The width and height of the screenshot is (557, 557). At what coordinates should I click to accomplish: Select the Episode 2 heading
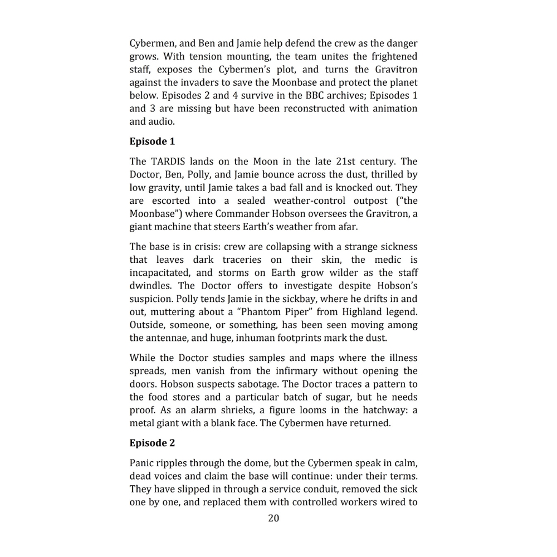coord(152,443)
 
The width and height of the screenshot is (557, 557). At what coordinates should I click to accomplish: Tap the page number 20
coord(273,519)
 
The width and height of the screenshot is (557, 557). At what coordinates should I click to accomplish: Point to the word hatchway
coord(375,411)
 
